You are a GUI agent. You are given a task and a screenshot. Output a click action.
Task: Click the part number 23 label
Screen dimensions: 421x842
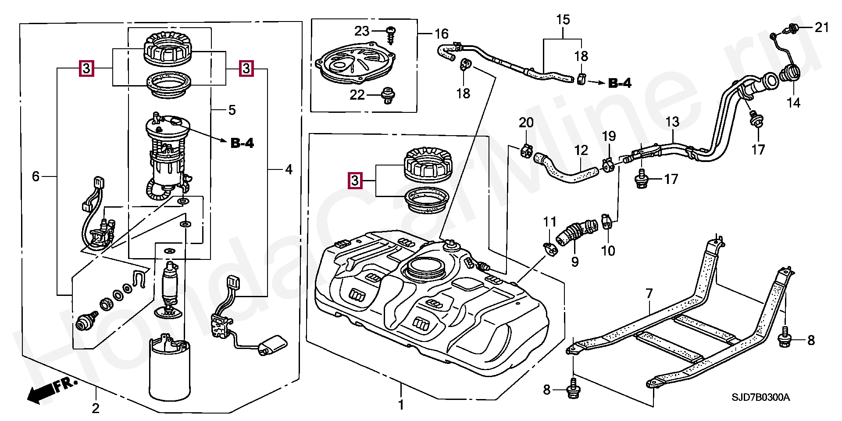(362, 31)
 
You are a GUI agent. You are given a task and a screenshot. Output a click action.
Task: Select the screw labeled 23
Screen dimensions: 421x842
(390, 34)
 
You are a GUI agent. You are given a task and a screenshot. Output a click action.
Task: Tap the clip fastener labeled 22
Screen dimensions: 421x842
(388, 95)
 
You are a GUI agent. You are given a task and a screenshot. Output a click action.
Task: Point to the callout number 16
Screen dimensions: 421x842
(441, 34)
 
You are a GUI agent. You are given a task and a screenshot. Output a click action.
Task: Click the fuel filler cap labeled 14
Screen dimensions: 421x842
(789, 74)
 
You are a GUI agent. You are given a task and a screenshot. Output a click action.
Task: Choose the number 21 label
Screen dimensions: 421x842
(822, 28)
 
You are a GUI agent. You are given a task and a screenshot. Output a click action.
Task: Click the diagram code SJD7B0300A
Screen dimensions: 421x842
(760, 397)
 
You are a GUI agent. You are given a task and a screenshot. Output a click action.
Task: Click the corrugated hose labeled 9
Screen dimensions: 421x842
(577, 232)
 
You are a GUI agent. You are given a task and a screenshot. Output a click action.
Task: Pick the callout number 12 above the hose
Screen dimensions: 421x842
(581, 151)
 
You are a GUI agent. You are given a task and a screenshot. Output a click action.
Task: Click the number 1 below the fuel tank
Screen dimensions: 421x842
(400, 405)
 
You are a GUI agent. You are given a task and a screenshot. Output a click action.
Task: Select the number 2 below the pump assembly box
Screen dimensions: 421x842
(96, 408)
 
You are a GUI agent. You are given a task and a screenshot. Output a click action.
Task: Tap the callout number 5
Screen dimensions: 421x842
(232, 110)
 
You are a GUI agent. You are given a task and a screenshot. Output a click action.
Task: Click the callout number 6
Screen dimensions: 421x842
(36, 176)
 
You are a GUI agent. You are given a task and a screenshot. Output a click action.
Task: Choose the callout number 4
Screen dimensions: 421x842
(288, 169)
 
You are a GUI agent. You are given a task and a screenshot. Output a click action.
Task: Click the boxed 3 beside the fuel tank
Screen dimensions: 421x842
(355, 180)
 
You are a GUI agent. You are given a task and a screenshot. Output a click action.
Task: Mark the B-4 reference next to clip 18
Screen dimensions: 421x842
(620, 83)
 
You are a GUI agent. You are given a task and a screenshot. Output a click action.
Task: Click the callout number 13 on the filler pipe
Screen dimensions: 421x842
(672, 122)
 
